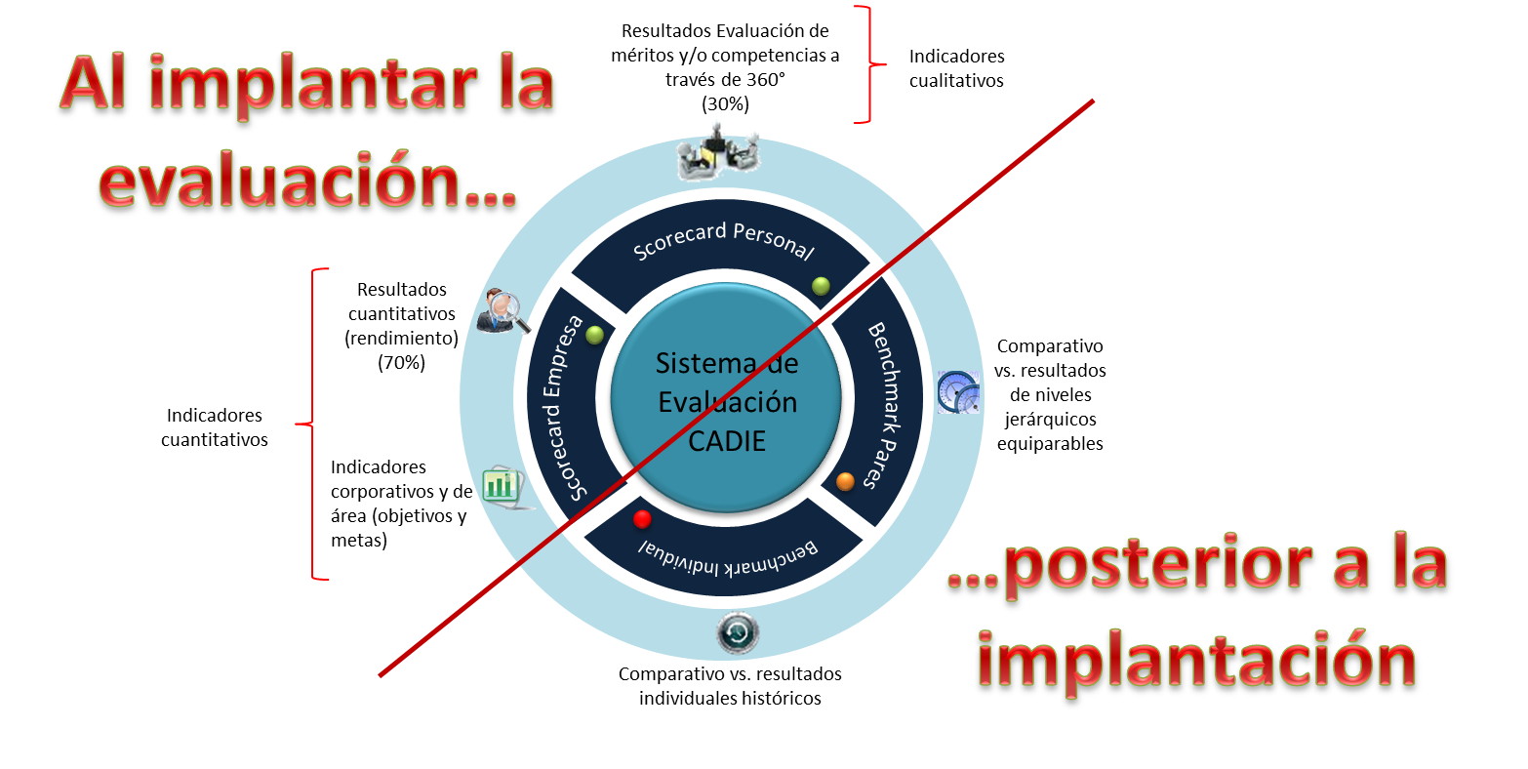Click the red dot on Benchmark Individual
(x=642, y=518)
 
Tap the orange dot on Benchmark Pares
(x=845, y=481)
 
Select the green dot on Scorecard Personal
(x=821, y=285)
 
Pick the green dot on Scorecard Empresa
(x=595, y=335)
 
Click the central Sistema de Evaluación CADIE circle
(x=726, y=402)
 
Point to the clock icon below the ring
(x=738, y=634)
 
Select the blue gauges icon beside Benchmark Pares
(x=958, y=391)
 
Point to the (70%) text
(x=401, y=362)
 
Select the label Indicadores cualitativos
(x=956, y=68)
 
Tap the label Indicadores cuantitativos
(x=215, y=427)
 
